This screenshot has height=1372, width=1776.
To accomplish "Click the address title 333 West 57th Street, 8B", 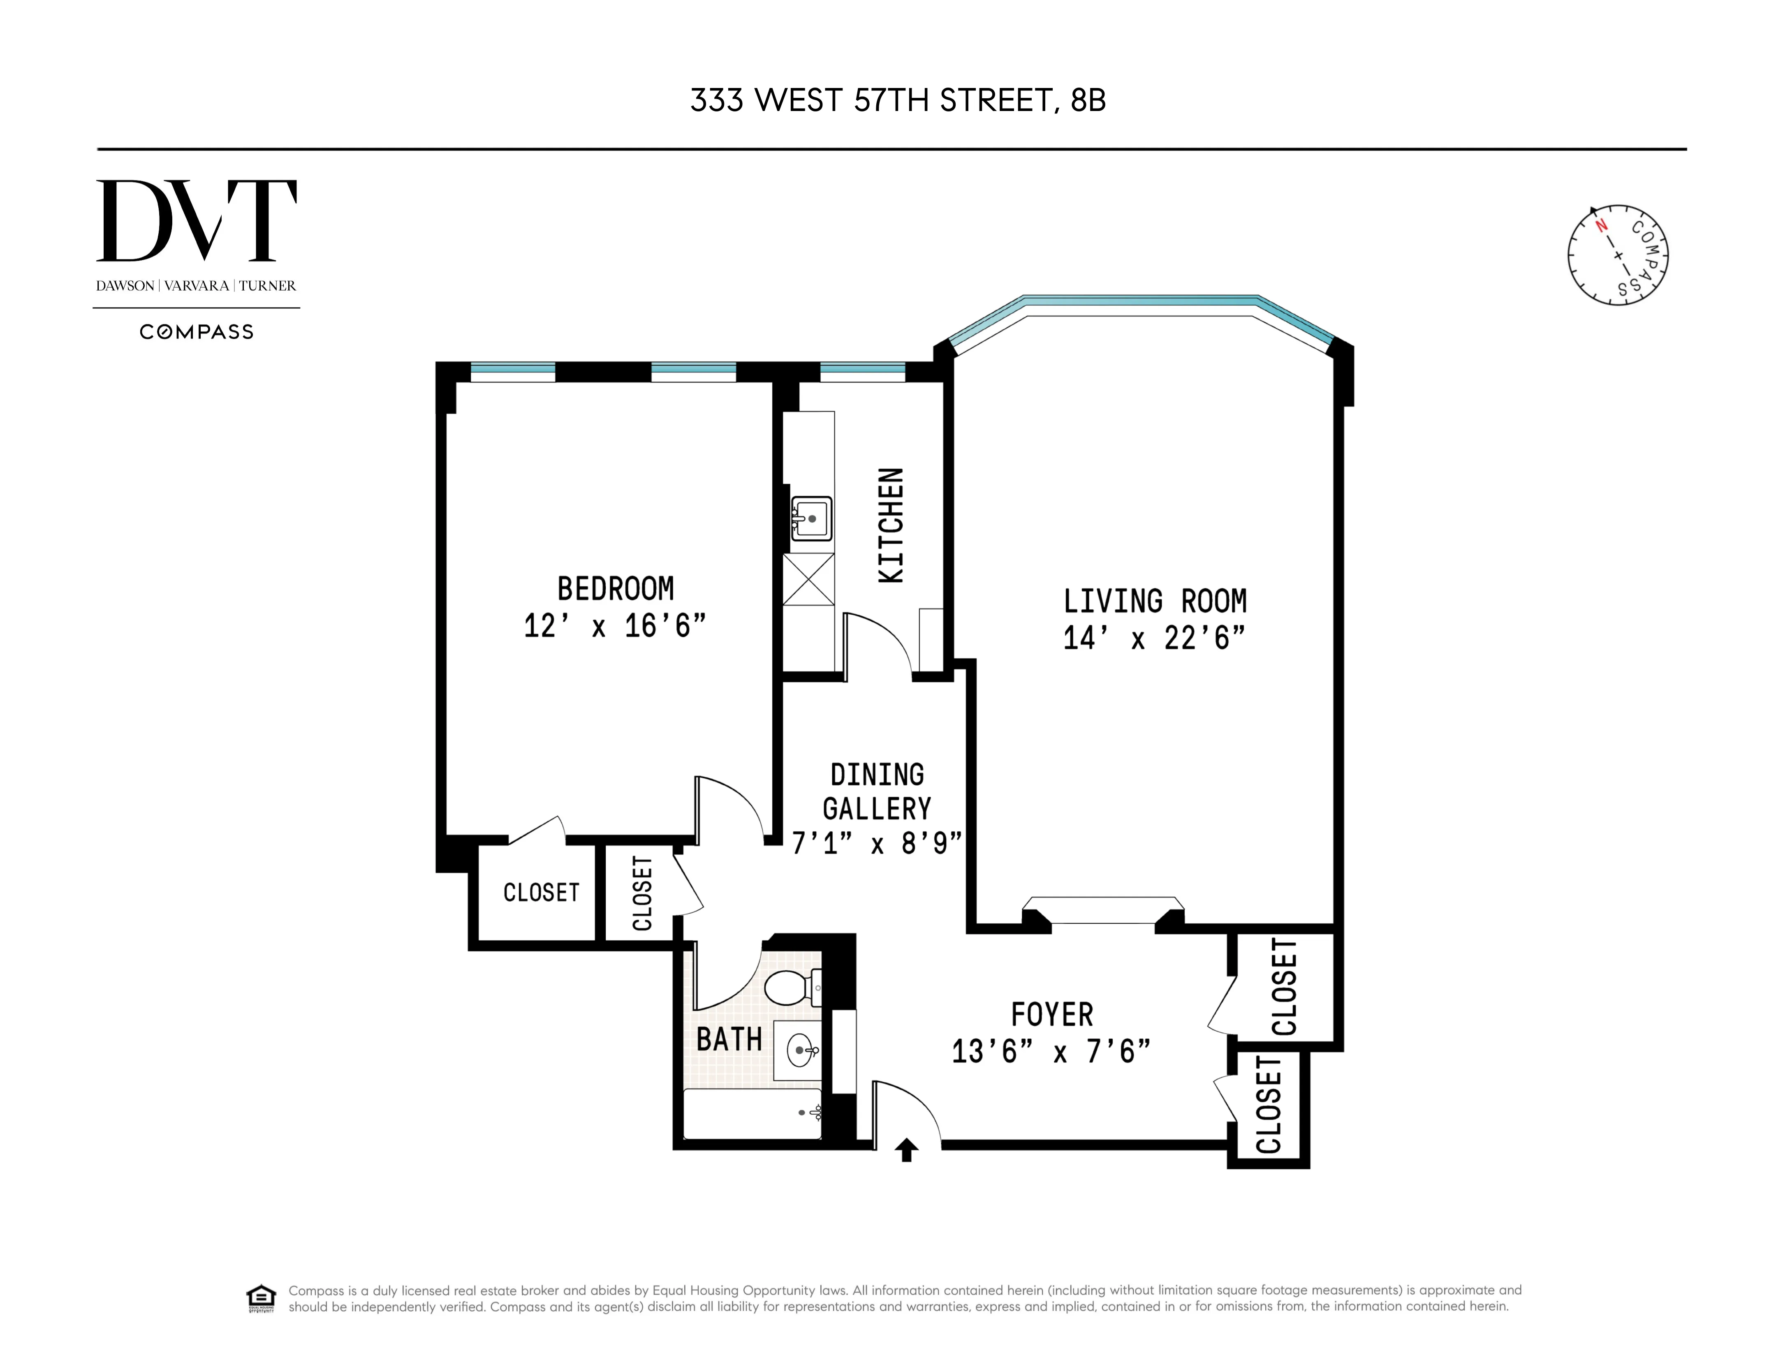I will coord(898,101).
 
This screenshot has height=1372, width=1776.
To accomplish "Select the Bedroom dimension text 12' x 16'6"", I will coord(615,626).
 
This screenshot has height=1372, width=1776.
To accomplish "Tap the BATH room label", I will coord(729,1039).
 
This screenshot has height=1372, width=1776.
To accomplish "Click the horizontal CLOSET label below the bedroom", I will coord(541,893).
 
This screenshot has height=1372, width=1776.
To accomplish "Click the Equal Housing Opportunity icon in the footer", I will coord(261,1298).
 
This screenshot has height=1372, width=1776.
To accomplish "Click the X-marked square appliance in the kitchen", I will coord(808,579).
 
